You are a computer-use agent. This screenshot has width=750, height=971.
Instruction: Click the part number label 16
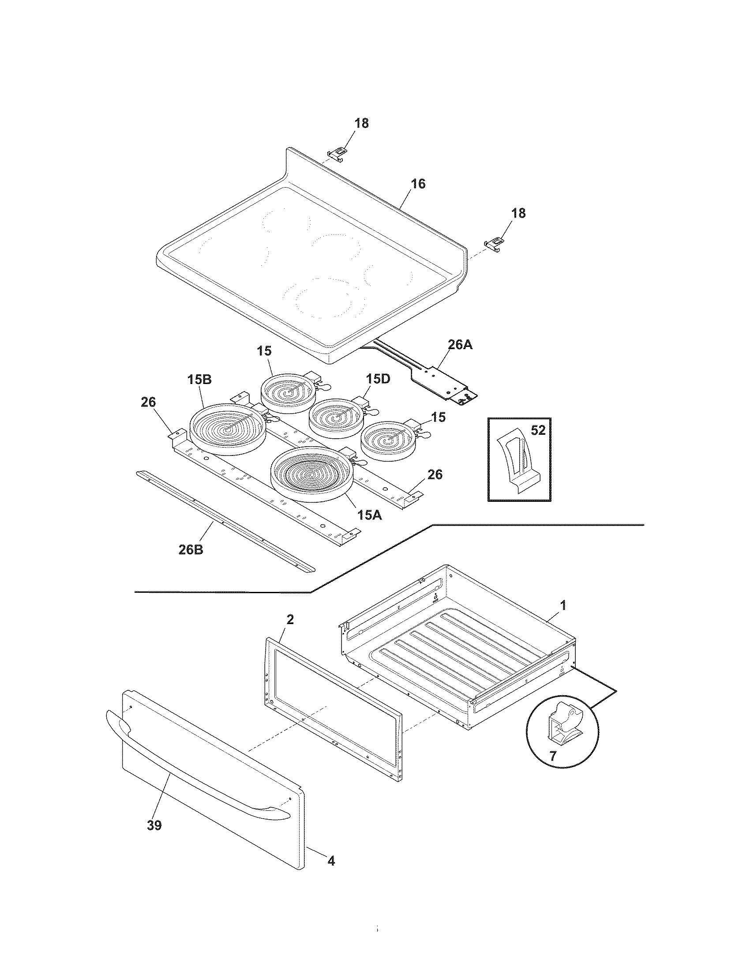pyautogui.click(x=418, y=184)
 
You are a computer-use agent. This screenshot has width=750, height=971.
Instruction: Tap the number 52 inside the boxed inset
pyautogui.click(x=538, y=430)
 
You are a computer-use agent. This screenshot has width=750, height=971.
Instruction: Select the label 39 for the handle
pyautogui.click(x=154, y=825)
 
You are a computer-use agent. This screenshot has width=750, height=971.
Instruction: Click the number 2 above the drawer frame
pyautogui.click(x=290, y=619)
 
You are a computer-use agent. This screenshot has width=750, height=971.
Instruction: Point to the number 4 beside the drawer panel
pyautogui.click(x=331, y=861)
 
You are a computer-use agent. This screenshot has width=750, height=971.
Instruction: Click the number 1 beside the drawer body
pyautogui.click(x=562, y=605)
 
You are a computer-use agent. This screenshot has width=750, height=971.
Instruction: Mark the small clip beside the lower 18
pyautogui.click(x=494, y=243)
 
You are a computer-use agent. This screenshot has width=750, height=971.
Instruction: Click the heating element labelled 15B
pyautogui.click(x=228, y=429)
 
